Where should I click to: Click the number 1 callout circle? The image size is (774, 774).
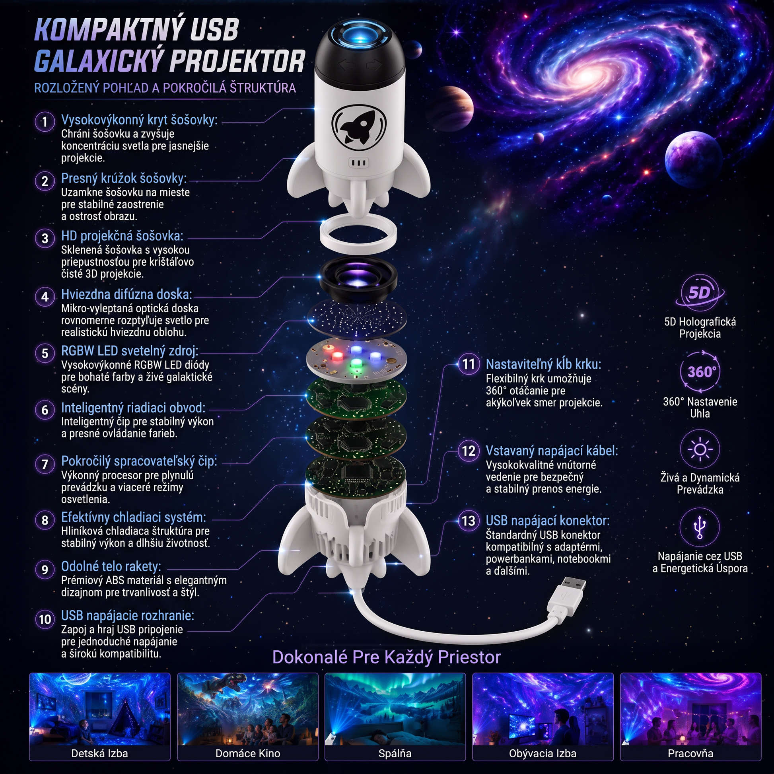(x=45, y=121)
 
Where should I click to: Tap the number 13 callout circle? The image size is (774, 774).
(x=468, y=521)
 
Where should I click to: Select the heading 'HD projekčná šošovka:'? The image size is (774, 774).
(x=122, y=235)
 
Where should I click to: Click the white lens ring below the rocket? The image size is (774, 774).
(x=358, y=233)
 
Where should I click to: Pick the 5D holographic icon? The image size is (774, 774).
(x=700, y=293)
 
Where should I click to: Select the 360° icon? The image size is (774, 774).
(x=700, y=371)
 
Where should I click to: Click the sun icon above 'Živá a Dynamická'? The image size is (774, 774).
(x=700, y=449)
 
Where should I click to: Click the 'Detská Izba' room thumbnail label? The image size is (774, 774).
(x=99, y=754)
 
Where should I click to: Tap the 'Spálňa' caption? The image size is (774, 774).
(x=395, y=754)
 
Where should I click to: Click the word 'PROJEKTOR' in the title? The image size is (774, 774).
(x=237, y=61)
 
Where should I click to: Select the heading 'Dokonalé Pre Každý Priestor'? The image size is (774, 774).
(x=387, y=657)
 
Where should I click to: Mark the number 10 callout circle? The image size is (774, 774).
(x=45, y=619)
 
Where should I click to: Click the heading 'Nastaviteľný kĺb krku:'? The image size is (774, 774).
(x=543, y=364)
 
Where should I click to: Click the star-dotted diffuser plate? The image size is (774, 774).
(x=357, y=319)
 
